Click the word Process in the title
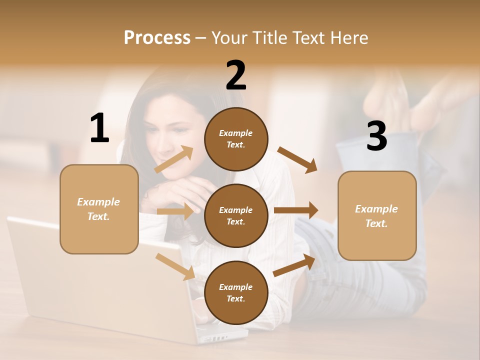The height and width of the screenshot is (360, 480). coord(157,37)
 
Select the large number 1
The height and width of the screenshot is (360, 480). coord(99,128)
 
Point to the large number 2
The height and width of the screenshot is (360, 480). coord(236,75)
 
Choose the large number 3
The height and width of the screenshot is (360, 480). coord(376,136)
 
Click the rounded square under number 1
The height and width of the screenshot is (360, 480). coord(99,209)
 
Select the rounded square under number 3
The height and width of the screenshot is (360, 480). coord(377,216)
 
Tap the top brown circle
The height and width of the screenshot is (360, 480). coord(236,139)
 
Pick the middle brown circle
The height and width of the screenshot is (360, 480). coord(236,215)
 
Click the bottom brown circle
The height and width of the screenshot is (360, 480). coord(236,292)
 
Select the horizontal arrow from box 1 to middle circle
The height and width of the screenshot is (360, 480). coord(175,211)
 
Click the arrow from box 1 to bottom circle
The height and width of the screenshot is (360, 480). coord(175,266)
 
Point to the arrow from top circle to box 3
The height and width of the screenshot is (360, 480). coord(297,159)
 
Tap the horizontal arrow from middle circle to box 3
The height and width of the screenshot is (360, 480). coord(296,210)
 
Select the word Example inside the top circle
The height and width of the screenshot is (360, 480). coord(236,133)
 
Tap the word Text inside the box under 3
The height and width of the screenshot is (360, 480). coord(376,223)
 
